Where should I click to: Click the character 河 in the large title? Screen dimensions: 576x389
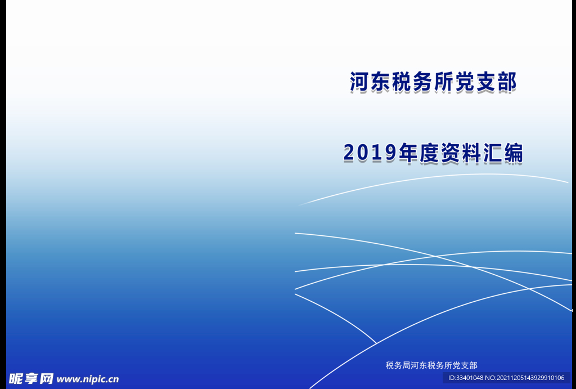(x=359, y=82)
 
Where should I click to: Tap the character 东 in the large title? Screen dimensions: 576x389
(x=381, y=82)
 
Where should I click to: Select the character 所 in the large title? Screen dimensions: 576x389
(x=444, y=82)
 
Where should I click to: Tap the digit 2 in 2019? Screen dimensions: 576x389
(x=349, y=153)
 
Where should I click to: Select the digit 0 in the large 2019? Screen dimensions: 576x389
(x=363, y=153)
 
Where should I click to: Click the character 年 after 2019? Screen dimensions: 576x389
(x=408, y=153)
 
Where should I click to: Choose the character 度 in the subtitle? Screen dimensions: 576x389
(x=429, y=153)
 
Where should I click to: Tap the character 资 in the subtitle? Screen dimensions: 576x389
(x=451, y=153)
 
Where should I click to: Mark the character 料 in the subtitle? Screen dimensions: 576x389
(x=472, y=153)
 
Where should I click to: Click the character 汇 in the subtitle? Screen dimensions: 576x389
(x=493, y=153)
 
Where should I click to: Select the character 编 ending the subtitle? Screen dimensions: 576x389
(x=514, y=153)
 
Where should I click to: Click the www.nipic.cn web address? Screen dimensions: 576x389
(x=88, y=379)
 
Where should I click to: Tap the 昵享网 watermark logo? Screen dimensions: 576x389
(x=31, y=379)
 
